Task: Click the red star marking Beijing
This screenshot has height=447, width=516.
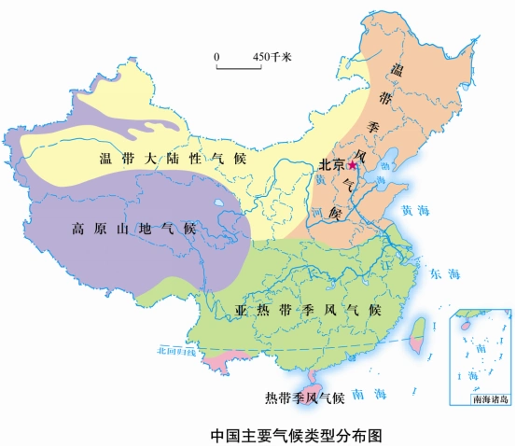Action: pyautogui.click(x=352, y=164)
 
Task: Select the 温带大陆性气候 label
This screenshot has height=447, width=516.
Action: pyautogui.click(x=172, y=159)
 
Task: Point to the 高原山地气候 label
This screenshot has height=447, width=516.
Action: pyautogui.click(x=133, y=229)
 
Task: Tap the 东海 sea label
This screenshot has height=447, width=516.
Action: pyautogui.click(x=446, y=273)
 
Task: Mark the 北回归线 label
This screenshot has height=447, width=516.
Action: pyautogui.click(x=176, y=352)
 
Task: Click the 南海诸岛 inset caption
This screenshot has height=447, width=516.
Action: pyautogui.click(x=491, y=399)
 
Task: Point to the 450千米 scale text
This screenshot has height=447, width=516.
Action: pyautogui.click(x=272, y=57)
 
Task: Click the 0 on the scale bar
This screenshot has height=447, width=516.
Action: pyautogui.click(x=217, y=57)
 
